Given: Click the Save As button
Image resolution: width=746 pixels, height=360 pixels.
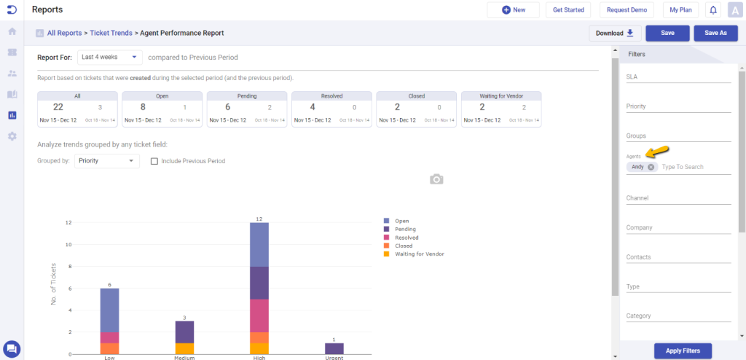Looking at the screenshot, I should (x=716, y=33).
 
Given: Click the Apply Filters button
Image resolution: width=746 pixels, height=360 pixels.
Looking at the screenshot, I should (x=683, y=351).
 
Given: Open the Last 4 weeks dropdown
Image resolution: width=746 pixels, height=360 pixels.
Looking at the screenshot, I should (x=111, y=57).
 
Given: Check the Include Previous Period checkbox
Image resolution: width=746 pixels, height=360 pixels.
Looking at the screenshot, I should (x=154, y=161).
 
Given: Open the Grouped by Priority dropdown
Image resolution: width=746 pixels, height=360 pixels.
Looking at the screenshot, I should (x=107, y=160).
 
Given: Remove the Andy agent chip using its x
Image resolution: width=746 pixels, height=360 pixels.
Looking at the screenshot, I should (x=651, y=167).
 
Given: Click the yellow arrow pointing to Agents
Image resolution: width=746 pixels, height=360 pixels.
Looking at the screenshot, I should (x=659, y=152).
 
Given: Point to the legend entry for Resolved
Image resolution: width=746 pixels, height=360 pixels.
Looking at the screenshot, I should (x=407, y=238).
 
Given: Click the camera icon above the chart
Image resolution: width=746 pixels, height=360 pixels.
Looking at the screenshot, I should (x=436, y=179).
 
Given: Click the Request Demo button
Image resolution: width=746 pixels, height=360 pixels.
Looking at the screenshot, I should (x=627, y=10).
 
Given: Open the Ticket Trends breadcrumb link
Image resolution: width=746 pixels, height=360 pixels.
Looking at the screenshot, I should (x=111, y=33).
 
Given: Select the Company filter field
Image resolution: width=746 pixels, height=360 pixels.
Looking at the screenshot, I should (x=678, y=228).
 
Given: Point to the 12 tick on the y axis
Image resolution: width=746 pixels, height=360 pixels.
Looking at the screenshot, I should (x=68, y=222).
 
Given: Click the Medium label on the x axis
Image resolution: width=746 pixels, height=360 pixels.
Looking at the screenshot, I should (x=184, y=357).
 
